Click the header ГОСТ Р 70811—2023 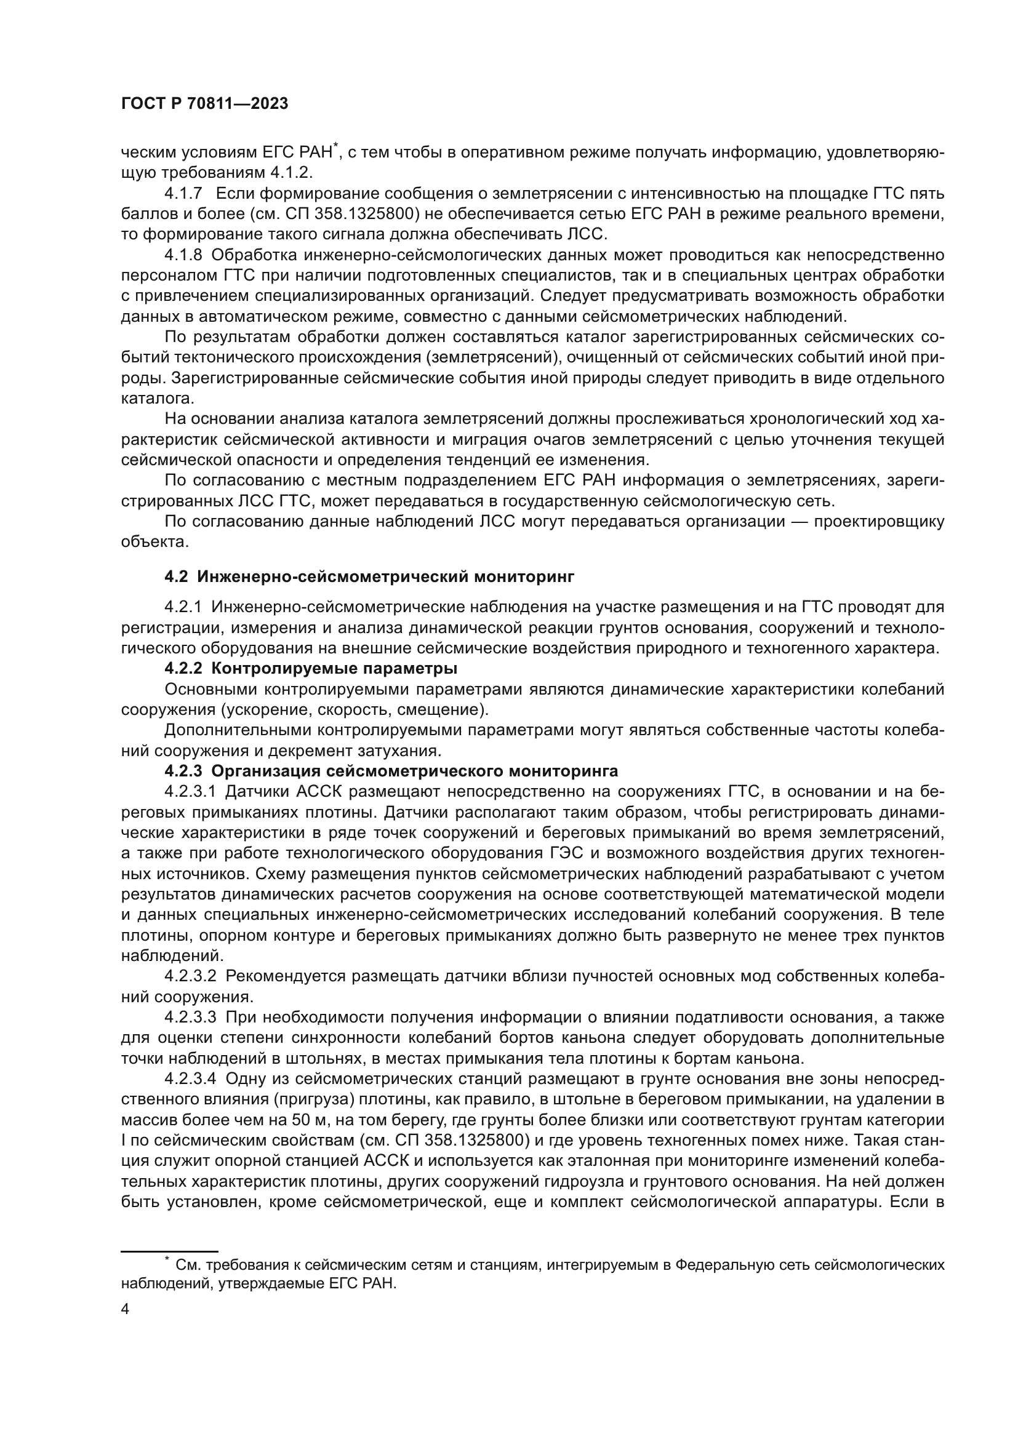[204, 104]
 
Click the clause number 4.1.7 [183, 194]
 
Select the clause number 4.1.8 [183, 255]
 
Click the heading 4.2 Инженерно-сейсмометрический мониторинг [369, 576]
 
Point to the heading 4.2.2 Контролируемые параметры [310, 669]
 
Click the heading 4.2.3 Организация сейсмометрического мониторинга [391, 771]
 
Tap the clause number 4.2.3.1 [191, 792]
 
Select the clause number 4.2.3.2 [191, 976]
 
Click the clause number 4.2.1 [183, 607]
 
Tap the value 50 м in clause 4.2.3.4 [294, 1119]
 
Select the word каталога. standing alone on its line [158, 399]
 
